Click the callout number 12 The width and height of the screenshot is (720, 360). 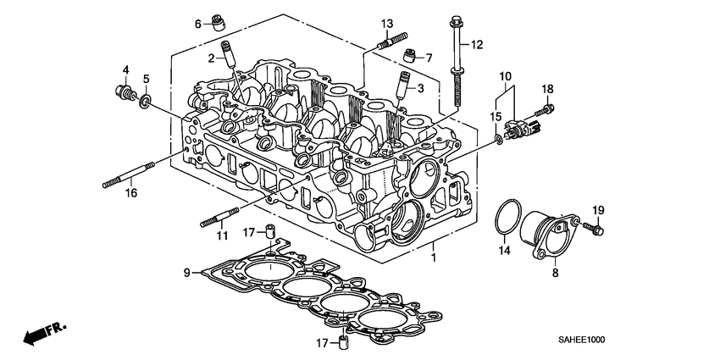[x=476, y=44]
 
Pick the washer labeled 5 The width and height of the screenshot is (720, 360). [x=146, y=102]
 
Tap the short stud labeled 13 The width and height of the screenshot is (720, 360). [x=395, y=41]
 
